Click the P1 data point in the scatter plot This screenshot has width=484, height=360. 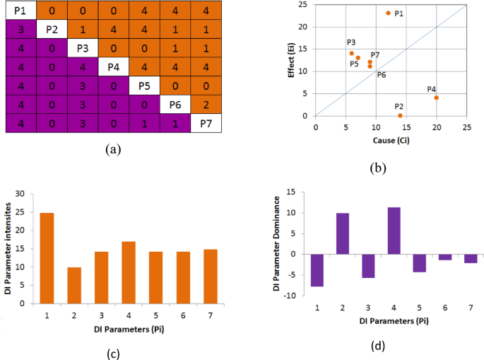coord(388,13)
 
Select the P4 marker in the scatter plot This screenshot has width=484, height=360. coord(436,98)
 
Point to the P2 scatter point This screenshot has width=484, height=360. coord(400,115)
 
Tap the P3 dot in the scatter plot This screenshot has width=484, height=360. coord(351,53)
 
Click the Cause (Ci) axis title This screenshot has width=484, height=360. coord(391,140)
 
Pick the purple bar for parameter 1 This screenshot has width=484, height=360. coord(316,270)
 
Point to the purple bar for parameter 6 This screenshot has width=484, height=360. coord(445,257)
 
